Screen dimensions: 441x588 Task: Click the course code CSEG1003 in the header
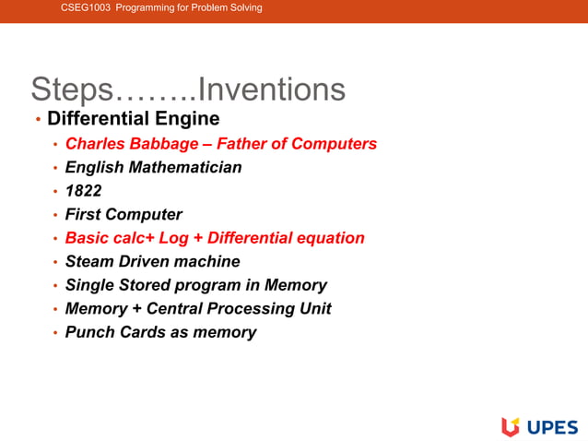pyautogui.click(x=86, y=8)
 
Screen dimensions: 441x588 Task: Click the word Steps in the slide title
pyautogui.click(x=72, y=89)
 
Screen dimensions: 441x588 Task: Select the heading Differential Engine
pyautogui.click(x=134, y=119)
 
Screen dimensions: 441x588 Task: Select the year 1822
pyautogui.click(x=83, y=191)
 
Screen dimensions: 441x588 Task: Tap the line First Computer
pyautogui.click(x=123, y=215)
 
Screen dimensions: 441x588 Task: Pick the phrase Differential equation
pyautogui.click(x=286, y=238)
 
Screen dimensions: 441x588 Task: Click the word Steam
pyautogui.click(x=90, y=262)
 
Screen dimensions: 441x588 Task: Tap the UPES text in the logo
pyautogui.click(x=552, y=426)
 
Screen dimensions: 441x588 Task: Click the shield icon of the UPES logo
pyautogui.click(x=510, y=426)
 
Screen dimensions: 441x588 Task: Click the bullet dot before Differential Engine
pyautogui.click(x=38, y=120)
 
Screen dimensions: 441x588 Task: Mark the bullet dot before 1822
pyautogui.click(x=55, y=192)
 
